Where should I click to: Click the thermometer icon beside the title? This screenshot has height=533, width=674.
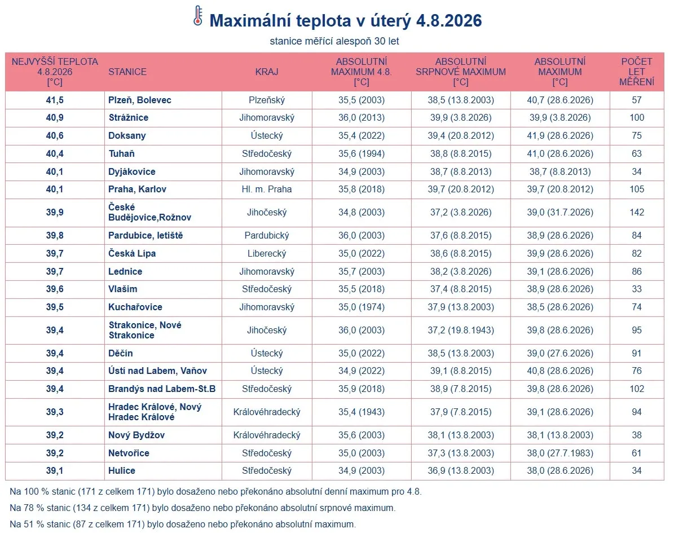(198, 16)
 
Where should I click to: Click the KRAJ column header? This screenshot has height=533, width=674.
(267, 72)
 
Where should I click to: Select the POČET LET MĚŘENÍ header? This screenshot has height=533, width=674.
(637, 72)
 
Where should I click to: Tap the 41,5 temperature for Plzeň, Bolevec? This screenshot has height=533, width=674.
(55, 100)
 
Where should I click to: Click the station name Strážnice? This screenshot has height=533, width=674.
(128, 118)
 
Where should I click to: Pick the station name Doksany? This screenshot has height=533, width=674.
(127, 136)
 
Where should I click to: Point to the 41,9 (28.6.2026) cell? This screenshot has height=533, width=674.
(560, 136)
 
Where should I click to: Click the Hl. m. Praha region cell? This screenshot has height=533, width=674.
(267, 189)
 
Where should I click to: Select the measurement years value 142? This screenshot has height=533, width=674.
(637, 212)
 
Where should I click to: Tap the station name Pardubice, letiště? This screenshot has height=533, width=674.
(146, 236)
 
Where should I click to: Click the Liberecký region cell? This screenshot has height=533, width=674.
(267, 254)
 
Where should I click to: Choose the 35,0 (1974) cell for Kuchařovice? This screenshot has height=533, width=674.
(361, 307)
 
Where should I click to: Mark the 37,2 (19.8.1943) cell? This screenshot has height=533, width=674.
(460, 330)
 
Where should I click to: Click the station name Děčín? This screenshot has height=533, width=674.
(120, 353)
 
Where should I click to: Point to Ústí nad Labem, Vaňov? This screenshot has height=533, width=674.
(157, 371)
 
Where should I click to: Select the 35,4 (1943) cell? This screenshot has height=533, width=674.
(361, 412)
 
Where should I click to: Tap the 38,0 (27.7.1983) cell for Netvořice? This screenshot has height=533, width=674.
(560, 453)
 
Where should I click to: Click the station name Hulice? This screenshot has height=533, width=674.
(122, 470)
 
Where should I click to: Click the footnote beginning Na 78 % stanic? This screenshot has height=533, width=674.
(202, 508)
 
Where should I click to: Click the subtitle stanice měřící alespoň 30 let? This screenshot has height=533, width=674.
(334, 41)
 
